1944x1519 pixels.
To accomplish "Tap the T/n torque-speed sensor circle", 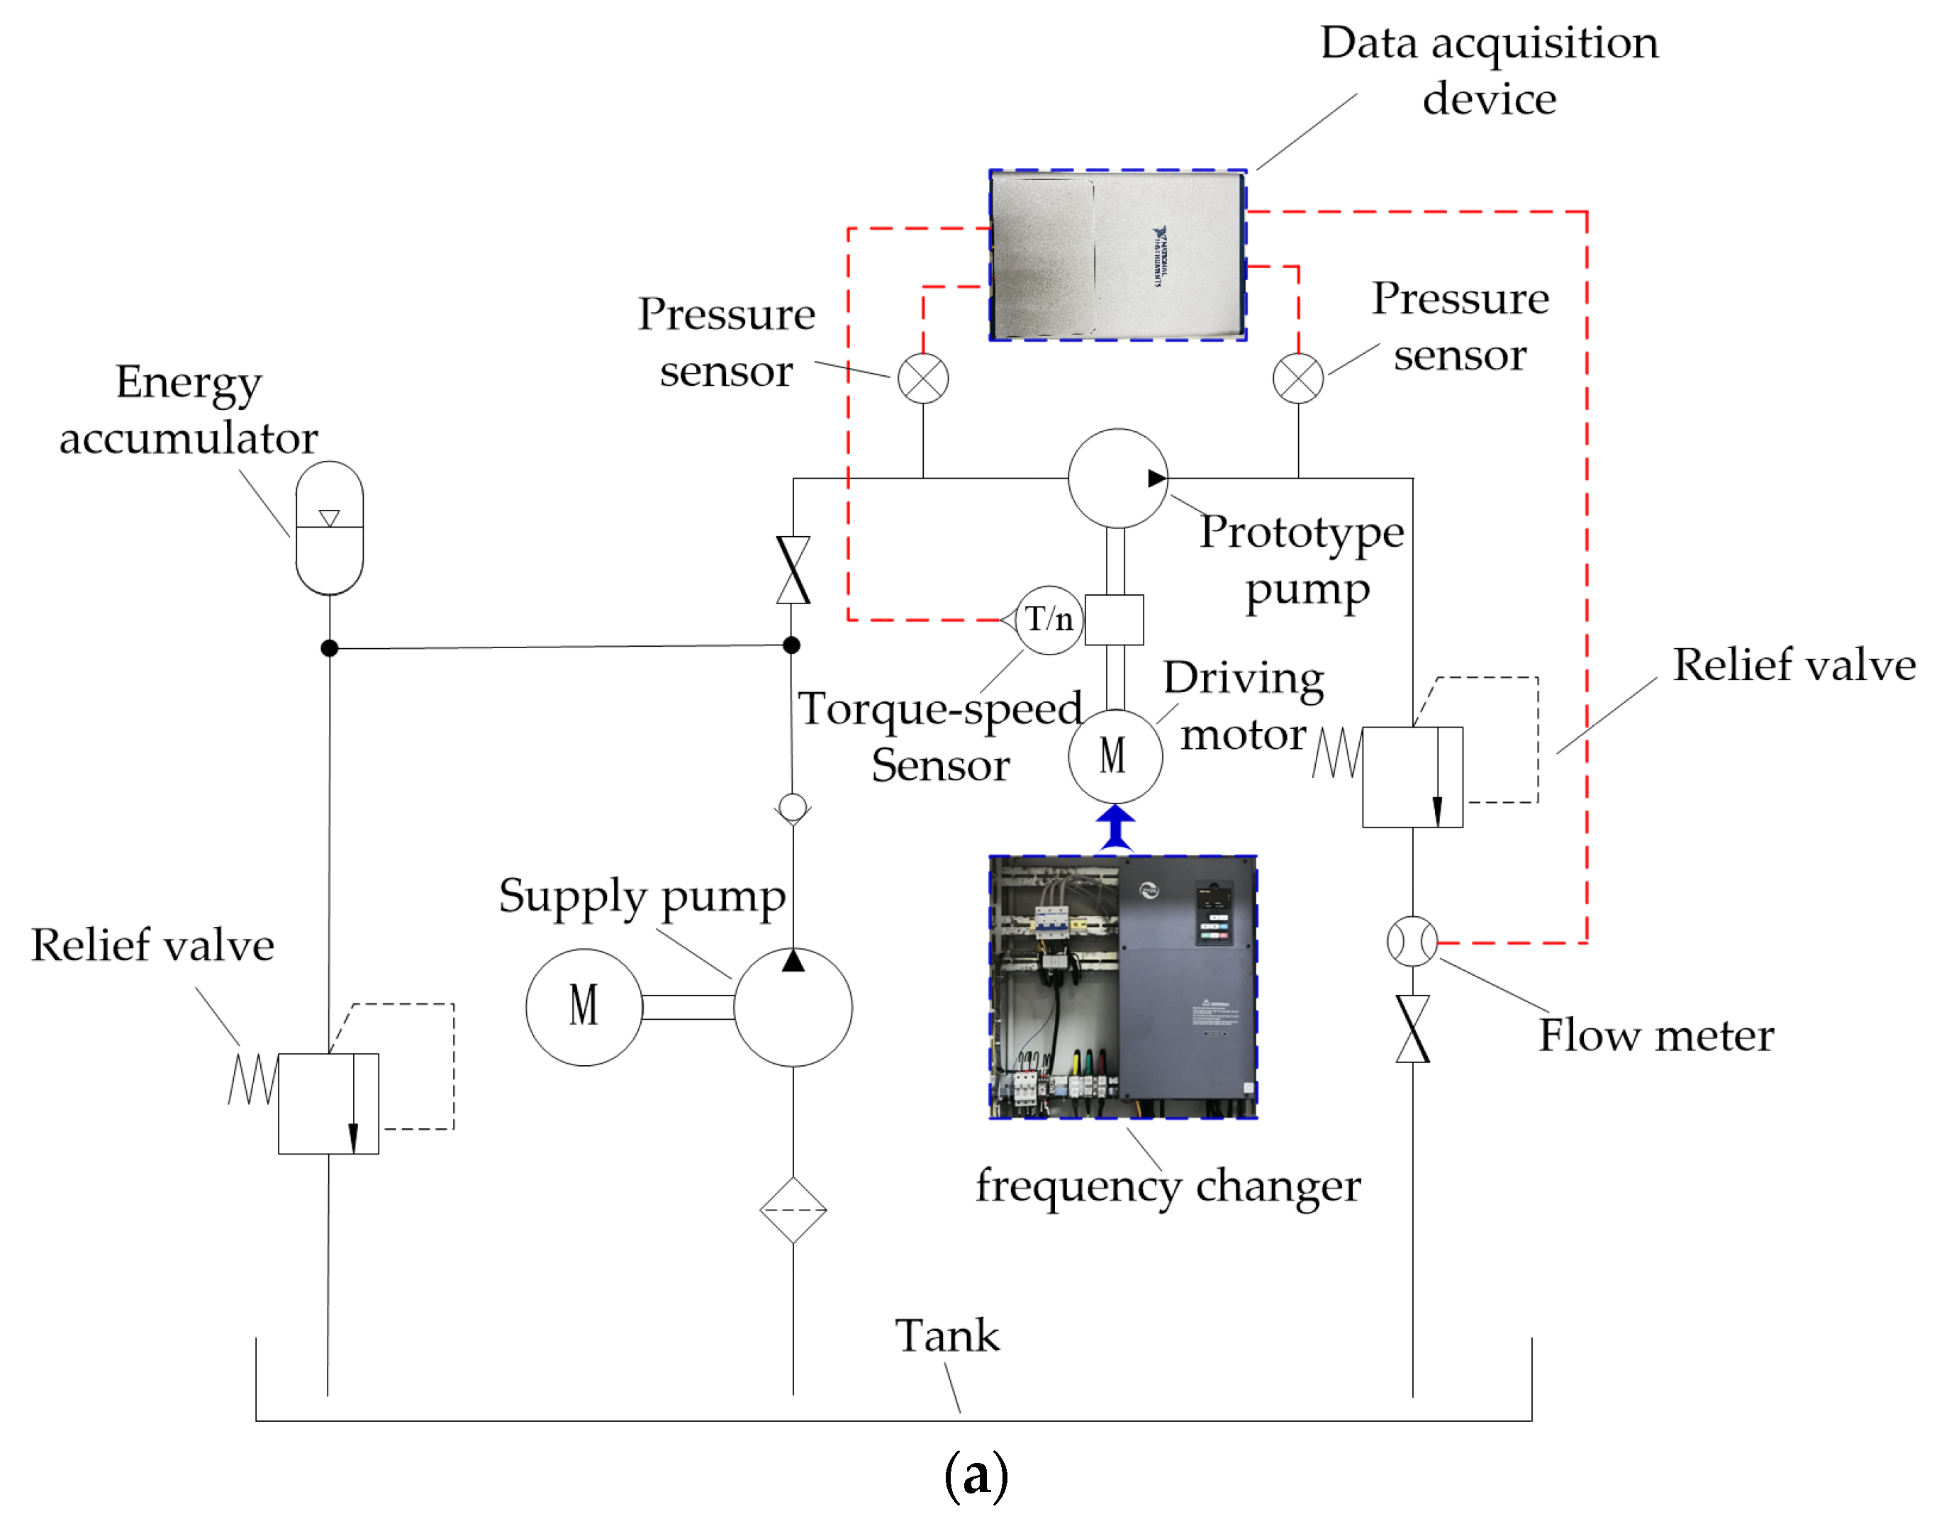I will pos(1049,620).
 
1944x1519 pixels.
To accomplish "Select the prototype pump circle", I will pos(1117,479).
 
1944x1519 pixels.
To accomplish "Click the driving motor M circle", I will pos(1115,756).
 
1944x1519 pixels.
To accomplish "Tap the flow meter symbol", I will pos(1412,941).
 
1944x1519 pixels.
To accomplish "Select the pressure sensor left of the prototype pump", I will pos(923,379).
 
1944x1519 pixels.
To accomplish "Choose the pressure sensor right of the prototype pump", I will pos(1298,379).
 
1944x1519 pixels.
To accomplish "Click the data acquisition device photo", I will pos(1117,255).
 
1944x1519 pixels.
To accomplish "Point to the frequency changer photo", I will pos(1122,986).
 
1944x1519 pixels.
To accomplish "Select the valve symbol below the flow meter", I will pos(1412,1028).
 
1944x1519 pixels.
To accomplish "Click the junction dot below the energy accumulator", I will pos(330,648).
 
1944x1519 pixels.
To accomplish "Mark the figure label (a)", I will pos(976,1474).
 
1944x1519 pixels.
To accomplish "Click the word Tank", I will pos(947,1335).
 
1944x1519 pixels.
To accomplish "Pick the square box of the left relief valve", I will pos(328,1104).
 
